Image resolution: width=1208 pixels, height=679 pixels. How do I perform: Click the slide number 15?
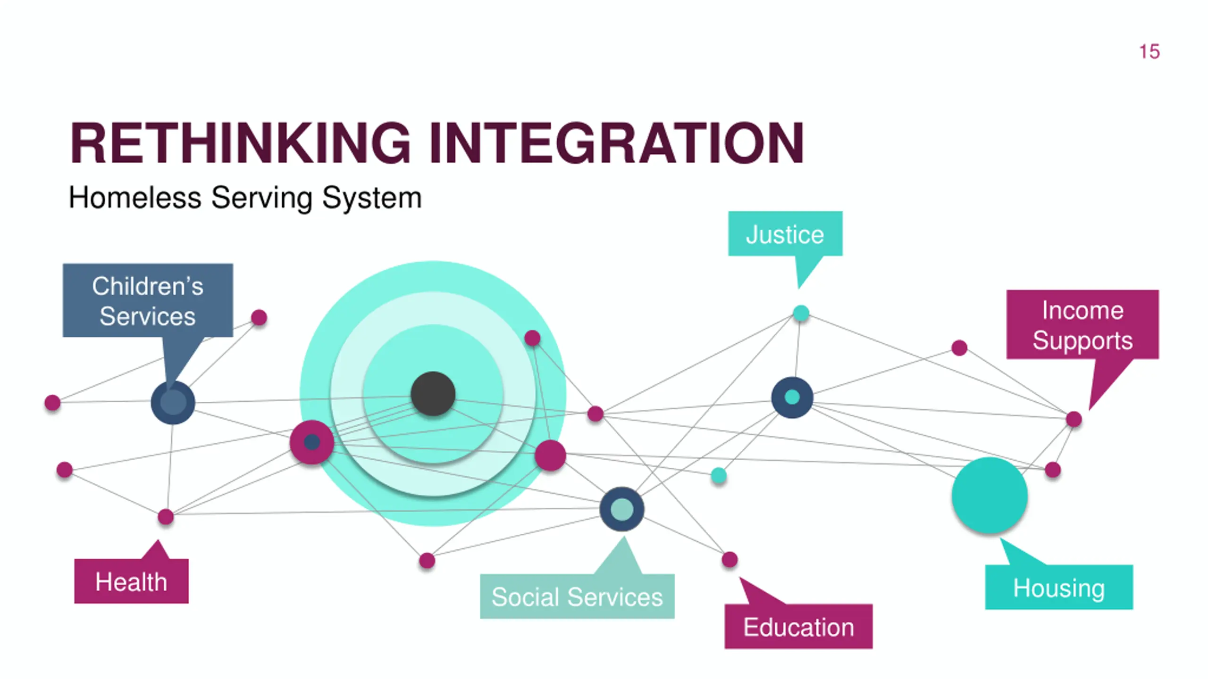(x=1149, y=52)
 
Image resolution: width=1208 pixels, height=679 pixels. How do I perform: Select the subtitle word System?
(x=372, y=198)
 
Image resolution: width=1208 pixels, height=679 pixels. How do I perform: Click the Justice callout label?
(x=785, y=234)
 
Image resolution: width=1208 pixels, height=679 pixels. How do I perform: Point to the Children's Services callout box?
(x=148, y=300)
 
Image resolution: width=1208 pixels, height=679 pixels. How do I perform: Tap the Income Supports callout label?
(x=1082, y=325)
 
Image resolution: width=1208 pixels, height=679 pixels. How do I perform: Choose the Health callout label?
(x=131, y=581)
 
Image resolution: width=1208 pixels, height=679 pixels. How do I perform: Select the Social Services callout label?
(x=577, y=596)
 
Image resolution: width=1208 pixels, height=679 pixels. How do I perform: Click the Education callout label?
(x=798, y=627)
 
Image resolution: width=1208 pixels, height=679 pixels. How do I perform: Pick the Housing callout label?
(x=1059, y=588)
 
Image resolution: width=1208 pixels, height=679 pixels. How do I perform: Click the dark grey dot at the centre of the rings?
(x=433, y=394)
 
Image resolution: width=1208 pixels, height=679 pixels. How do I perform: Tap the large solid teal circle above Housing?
(x=990, y=495)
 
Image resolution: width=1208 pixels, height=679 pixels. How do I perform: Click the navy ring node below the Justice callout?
(x=792, y=397)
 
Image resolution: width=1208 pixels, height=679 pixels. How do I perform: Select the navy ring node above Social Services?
(x=622, y=509)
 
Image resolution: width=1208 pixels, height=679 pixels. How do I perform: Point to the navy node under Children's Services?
(x=173, y=403)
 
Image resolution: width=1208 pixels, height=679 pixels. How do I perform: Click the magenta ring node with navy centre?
(x=312, y=442)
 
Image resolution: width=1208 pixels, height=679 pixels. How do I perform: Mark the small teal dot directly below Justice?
(x=801, y=313)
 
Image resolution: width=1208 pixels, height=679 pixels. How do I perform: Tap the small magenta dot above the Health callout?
(x=166, y=517)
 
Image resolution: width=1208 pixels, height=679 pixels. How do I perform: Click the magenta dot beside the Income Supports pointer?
(x=1074, y=419)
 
